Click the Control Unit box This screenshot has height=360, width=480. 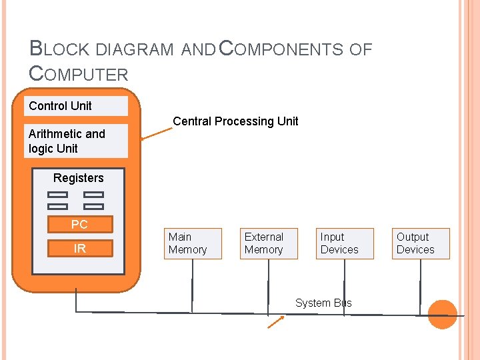76,106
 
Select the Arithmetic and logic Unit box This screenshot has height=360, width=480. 76,141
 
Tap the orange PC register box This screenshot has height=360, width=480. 80,224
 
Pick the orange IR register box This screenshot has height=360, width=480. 80,248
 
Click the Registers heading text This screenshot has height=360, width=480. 79,178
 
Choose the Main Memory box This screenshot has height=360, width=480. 193,244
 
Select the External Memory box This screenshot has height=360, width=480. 269,244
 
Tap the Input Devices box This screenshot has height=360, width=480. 345,244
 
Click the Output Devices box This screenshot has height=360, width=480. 421,244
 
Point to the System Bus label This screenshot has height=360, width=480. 323,303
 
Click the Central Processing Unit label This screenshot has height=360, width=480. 235,121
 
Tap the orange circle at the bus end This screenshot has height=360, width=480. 443,315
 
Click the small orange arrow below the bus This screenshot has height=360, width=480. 276,322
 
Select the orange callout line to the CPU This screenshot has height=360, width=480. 157,134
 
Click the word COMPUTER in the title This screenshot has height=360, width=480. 79,74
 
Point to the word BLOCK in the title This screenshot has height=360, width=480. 59,49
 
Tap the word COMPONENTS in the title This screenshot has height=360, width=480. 281,49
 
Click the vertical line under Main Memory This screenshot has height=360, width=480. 192,286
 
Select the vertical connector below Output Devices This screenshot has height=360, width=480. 420,287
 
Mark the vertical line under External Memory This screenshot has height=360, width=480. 268,287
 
